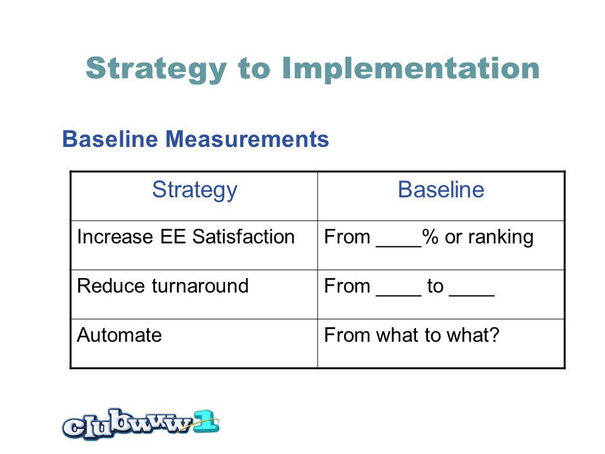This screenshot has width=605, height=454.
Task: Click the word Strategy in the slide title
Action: [x=156, y=69]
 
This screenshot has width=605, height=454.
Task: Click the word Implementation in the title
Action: [x=411, y=69]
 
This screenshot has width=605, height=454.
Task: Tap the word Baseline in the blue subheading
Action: [x=110, y=139]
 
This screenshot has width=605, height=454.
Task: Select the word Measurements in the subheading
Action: [x=247, y=139]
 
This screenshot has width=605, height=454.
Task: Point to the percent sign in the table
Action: [x=430, y=236]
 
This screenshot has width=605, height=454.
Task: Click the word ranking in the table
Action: [x=501, y=238]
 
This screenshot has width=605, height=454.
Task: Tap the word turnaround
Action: [x=200, y=286]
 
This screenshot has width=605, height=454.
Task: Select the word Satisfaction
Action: [x=243, y=236]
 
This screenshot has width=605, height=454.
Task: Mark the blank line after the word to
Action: [x=471, y=295]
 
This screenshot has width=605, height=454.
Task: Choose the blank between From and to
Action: [x=398, y=295]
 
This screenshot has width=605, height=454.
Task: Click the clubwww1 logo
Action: [x=141, y=424]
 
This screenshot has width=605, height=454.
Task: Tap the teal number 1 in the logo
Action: [x=206, y=422]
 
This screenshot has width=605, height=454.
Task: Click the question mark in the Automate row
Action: [x=494, y=335]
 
